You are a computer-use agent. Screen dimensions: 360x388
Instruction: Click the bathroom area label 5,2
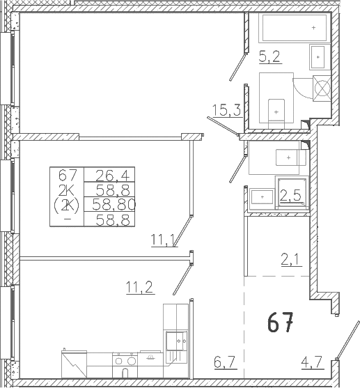269,56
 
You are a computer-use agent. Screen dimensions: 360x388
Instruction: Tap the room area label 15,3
226,110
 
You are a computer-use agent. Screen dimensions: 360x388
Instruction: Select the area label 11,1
164,240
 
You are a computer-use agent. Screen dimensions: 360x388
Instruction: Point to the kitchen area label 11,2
140,287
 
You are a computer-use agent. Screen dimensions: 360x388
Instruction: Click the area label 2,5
290,196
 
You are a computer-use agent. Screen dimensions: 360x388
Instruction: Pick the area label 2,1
291,260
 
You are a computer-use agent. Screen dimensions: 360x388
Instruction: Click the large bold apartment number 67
281,322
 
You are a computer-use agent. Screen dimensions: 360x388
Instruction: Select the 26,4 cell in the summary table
113,176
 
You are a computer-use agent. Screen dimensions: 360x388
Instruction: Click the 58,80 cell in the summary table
114,205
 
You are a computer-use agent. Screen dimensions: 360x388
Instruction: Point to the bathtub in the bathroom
295,28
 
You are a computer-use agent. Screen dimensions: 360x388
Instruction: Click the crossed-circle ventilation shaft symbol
322,88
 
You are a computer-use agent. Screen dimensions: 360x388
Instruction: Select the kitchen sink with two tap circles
176,341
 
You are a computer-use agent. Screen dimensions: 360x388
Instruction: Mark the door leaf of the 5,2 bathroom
238,67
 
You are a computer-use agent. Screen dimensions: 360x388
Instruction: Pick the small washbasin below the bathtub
318,57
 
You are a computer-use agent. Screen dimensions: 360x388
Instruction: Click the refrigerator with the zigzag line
74,364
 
